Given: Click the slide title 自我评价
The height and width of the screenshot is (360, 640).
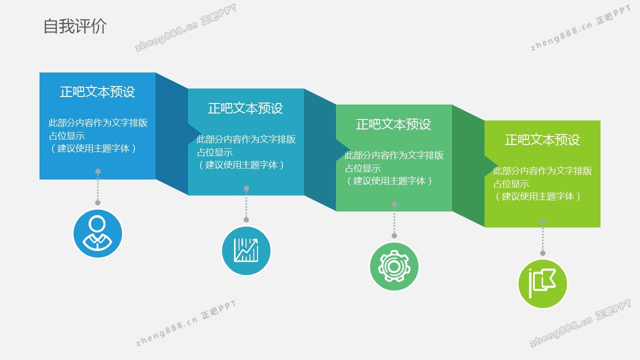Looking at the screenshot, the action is (75, 26).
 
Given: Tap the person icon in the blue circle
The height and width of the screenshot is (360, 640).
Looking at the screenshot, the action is (97, 233).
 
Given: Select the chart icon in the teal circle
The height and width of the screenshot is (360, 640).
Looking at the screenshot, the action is (246, 250).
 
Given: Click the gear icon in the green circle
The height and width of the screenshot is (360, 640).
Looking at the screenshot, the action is (394, 266).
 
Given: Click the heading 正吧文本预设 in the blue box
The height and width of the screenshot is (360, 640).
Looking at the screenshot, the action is (97, 91).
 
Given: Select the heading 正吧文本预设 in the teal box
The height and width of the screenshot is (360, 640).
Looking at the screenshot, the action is (245, 108).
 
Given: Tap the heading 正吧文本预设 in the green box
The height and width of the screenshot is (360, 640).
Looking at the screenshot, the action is (393, 124).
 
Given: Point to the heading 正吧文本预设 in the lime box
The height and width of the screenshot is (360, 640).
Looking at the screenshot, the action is (542, 139).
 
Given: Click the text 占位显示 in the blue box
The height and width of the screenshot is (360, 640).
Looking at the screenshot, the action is (67, 135).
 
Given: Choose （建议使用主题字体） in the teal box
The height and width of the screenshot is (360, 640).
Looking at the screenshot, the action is (241, 165).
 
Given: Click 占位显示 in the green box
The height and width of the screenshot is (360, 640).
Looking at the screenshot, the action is (363, 168).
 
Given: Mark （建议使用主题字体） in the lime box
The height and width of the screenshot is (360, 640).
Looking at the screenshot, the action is (537, 196).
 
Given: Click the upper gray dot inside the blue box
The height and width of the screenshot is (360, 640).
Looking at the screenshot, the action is (97, 171).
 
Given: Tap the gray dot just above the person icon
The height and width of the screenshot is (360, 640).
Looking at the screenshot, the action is (97, 202).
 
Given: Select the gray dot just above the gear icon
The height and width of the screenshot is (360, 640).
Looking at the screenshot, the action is (394, 235).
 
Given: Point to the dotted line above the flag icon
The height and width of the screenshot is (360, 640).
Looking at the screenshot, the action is (543, 237).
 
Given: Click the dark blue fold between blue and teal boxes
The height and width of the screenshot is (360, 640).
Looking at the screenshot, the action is (171, 133).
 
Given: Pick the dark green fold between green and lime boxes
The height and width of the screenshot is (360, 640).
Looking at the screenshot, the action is (468, 166).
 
